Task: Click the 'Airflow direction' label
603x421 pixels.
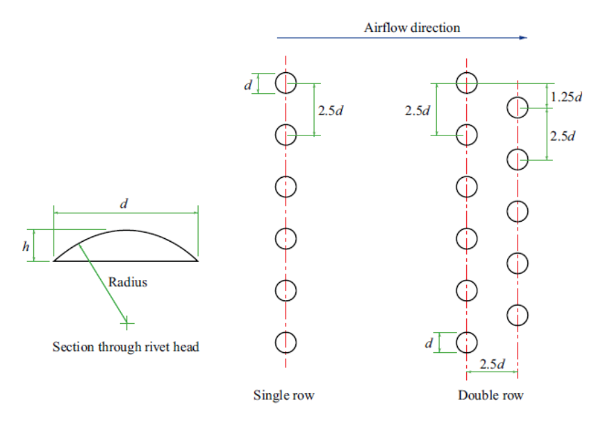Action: tap(411, 28)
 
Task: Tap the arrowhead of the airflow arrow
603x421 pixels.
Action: tap(523, 38)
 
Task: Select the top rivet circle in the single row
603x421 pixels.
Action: tap(286, 83)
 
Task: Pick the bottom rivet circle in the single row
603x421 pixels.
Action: tap(286, 342)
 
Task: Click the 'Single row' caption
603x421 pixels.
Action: tap(283, 396)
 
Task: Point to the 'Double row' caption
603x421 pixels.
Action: tap(490, 396)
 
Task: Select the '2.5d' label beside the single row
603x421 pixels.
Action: tap(330, 110)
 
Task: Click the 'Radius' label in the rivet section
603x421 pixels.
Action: tap(128, 283)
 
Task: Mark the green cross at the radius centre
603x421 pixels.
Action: tap(126, 322)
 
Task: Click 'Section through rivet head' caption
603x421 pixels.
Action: tap(126, 346)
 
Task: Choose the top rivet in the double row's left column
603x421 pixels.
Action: tap(467, 83)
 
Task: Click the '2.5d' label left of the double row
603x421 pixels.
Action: tap(418, 110)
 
